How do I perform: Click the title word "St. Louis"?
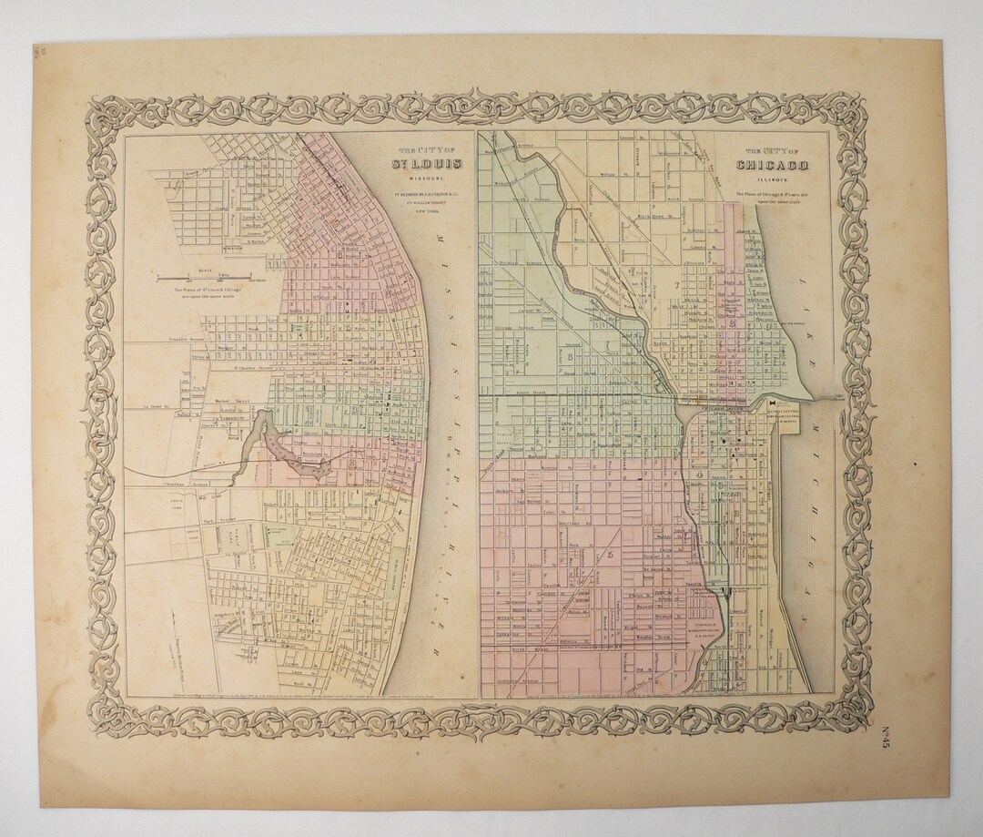click(426, 165)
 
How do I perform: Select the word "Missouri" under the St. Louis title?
click(426, 179)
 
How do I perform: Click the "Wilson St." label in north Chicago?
click(608, 171)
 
